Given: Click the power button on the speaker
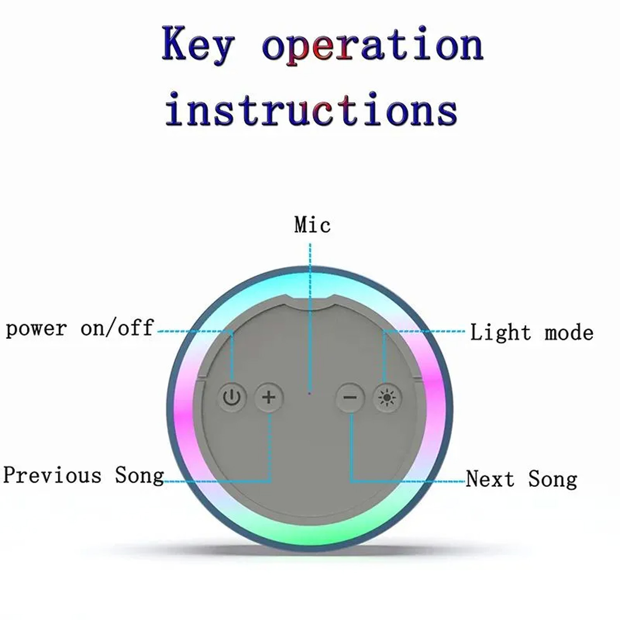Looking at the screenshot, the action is pos(232,398).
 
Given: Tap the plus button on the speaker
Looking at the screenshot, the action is pos(269,398).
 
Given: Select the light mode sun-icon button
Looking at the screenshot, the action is pos(387,398).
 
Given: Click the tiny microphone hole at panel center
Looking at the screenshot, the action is pos(310,393).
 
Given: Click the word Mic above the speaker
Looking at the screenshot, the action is pos(312,225).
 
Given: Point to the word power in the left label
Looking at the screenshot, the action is pos(36,329).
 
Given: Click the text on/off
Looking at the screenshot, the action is pos(117,328).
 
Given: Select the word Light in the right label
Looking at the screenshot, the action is pos(500,333).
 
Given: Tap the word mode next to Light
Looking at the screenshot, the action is pos(569,333).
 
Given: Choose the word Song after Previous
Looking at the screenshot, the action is pos(139,476).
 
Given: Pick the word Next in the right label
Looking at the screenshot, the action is pos(490,479).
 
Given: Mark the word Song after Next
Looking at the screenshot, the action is pos(553,480).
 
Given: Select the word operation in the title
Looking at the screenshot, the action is pos(373,46).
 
